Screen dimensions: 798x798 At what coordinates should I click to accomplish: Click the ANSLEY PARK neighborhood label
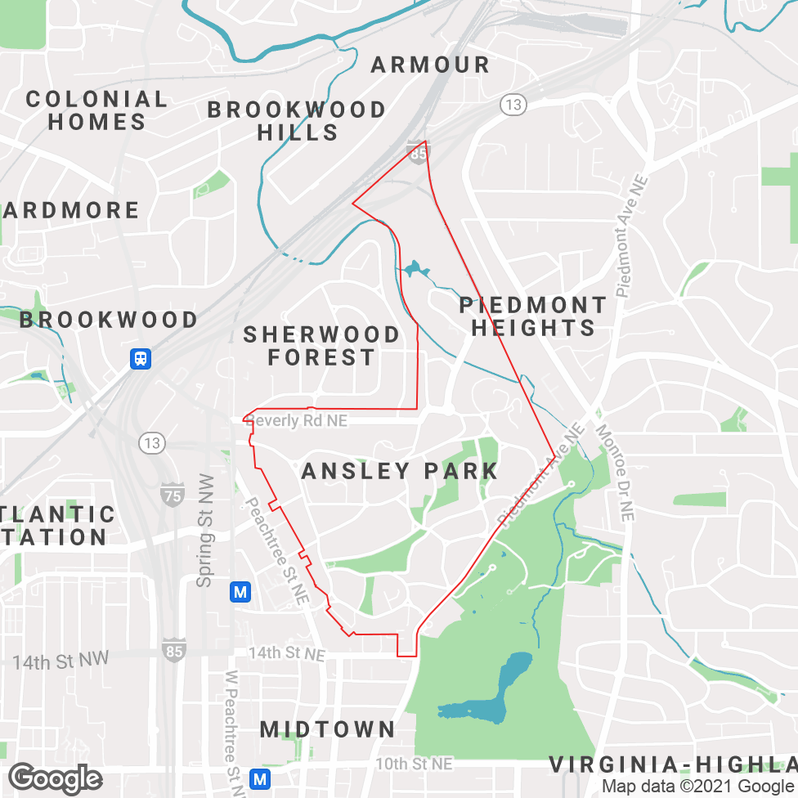coord(400,471)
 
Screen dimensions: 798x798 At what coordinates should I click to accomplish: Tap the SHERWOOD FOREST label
coord(321,346)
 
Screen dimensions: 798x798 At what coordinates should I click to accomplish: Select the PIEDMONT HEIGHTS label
coord(533,316)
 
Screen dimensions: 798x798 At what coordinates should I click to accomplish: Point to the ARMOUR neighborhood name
coord(430,65)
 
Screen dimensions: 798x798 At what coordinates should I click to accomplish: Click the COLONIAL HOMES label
coord(96,110)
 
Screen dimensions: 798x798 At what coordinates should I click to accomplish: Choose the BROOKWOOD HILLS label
coord(297,121)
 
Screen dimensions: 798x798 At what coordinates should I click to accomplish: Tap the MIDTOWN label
coord(328,729)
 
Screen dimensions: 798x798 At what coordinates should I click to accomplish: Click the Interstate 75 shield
coord(173,494)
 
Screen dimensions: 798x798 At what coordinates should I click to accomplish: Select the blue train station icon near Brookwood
coord(141,358)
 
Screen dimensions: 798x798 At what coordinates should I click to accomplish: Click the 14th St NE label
coord(286,654)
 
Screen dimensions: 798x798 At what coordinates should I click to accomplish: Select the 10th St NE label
coord(414,764)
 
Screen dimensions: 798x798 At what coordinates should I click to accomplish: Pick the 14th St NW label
coord(61,661)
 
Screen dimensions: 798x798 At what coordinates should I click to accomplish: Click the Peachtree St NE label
coord(278,550)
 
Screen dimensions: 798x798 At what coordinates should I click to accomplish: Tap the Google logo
coord(56,778)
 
